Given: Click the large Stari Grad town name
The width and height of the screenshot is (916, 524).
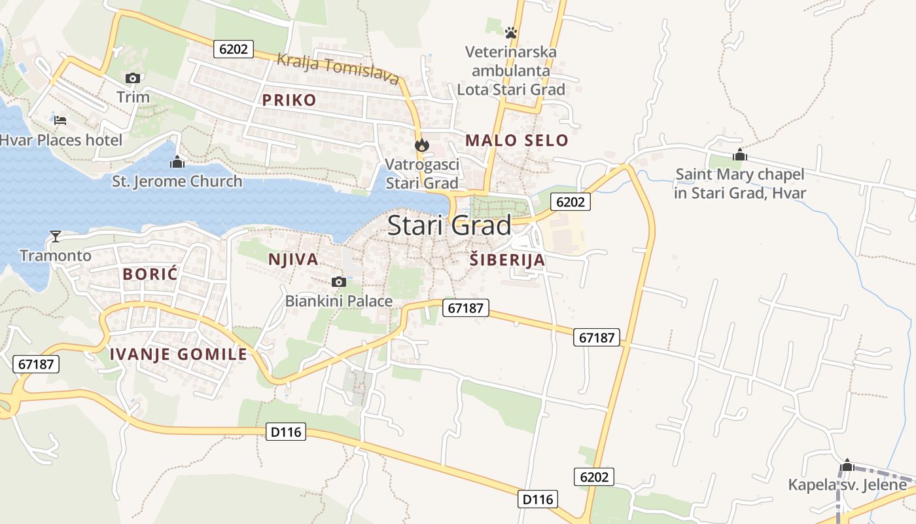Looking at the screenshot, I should pos(449,225).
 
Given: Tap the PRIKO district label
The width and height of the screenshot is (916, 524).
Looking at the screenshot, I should pos(289,100).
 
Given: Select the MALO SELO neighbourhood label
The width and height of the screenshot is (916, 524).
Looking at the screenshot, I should pos(516,140).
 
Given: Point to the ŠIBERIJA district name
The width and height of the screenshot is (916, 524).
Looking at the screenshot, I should pos(507,260).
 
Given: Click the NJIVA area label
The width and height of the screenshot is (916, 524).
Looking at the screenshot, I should pos(293,259).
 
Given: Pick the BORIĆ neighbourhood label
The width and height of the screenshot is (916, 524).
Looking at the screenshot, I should pos(150,274).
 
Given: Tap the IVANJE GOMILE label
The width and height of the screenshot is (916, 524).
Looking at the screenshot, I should pos(178,354).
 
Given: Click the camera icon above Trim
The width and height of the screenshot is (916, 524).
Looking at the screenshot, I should pos(133,79).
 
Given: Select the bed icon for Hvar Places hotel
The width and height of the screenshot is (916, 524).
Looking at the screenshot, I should pos(60,121).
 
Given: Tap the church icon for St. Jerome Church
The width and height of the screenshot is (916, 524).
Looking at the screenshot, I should pos(177,162).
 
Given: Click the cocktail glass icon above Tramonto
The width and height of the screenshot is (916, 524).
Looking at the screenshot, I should pos(56,236).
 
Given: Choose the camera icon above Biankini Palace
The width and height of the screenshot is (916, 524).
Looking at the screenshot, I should pos(338,282).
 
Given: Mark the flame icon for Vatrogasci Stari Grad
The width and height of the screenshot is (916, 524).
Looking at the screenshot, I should pos(422,145).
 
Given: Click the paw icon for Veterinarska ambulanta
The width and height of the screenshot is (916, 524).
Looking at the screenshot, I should pos(511,31).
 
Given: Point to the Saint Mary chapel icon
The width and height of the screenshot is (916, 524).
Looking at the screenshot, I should pos(740,155).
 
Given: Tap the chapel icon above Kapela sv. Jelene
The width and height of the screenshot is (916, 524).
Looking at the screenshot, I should pos(847,466).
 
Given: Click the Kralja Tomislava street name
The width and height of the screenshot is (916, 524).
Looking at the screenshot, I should pos(338,69).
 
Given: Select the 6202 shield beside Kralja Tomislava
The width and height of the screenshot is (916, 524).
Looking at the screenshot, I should pos(233,49).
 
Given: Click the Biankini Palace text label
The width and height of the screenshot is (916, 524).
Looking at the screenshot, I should pos(339,301).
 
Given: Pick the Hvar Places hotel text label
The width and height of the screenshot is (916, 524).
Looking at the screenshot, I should pos(61,140).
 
